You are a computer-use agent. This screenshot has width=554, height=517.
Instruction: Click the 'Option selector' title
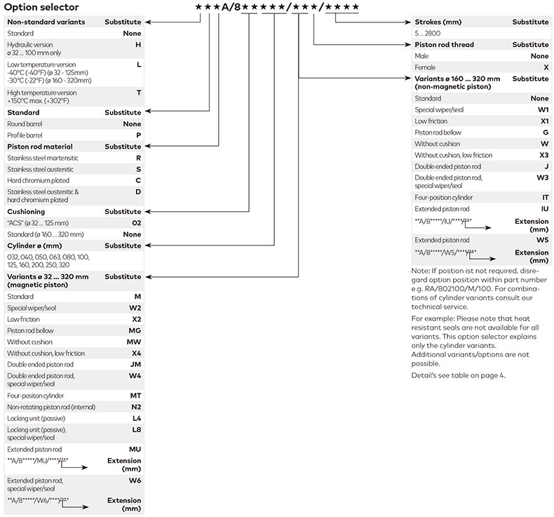[x=41, y=7]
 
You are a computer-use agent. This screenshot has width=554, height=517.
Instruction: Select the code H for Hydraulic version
[x=138, y=44]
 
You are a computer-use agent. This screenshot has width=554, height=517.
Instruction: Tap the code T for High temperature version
[x=138, y=93]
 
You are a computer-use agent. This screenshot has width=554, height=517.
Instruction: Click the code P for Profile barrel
[x=138, y=135]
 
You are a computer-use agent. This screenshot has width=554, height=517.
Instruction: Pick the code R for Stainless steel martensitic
[x=138, y=158]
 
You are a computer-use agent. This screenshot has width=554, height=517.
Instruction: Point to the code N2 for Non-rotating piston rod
[x=137, y=407]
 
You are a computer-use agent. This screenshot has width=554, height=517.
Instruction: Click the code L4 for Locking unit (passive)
[x=137, y=418]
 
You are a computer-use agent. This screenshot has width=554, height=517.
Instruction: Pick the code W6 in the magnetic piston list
[x=135, y=480]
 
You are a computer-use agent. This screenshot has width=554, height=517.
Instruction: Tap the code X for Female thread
[x=546, y=67]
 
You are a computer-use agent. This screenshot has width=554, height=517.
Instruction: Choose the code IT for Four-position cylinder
[x=545, y=197]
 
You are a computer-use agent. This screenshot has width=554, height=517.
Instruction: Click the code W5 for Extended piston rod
[x=543, y=240]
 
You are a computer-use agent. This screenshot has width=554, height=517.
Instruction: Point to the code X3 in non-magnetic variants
[x=544, y=155]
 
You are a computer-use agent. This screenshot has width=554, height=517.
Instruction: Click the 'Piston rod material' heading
[x=45, y=147]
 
